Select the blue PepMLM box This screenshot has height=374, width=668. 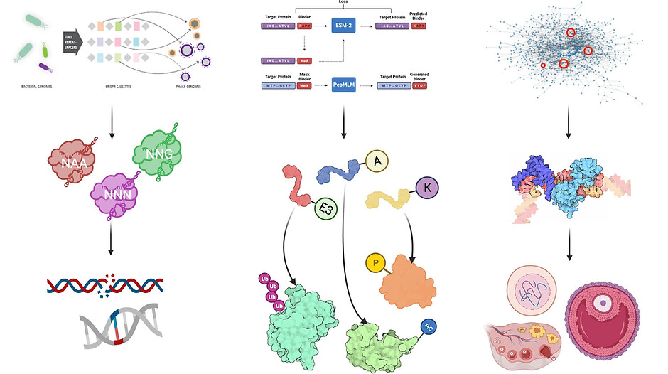[344, 85]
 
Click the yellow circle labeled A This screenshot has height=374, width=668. [377, 161]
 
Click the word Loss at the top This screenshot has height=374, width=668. [343, 3]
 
